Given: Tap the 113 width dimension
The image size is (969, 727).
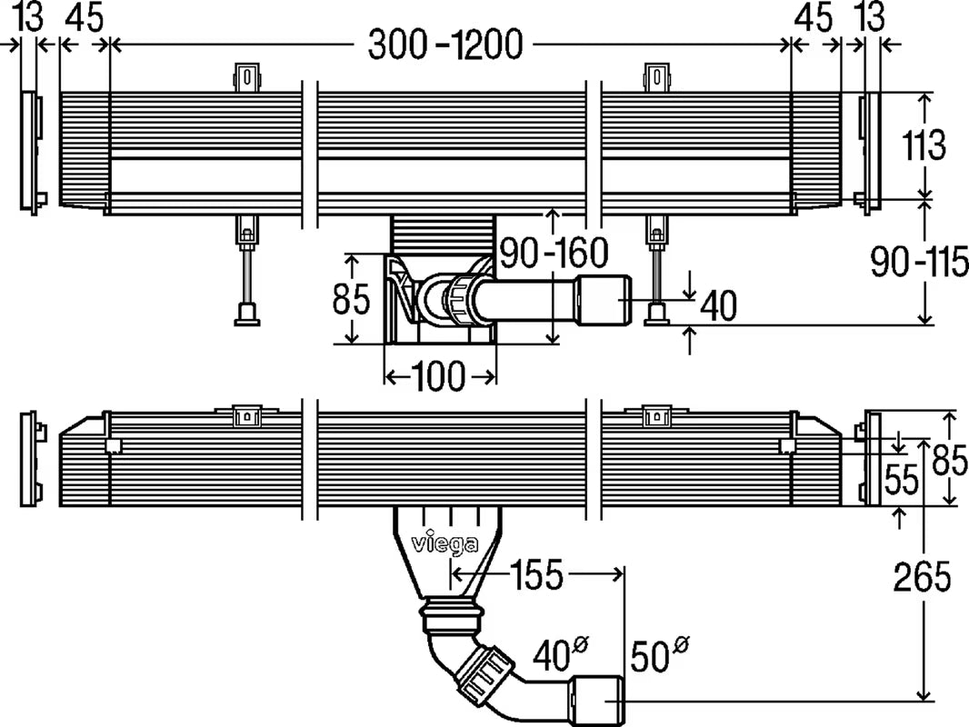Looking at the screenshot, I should pos(924,145).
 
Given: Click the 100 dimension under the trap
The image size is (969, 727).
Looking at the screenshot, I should pos(439,374).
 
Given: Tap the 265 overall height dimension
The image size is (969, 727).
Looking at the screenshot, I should pos(922,576).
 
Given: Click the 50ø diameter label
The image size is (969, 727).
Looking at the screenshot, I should pos(662,654).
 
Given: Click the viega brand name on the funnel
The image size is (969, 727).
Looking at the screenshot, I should pos(446,544).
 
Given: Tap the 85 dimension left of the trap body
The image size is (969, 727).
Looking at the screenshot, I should pos(351,299).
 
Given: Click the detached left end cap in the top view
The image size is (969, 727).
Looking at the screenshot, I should pos(30,153).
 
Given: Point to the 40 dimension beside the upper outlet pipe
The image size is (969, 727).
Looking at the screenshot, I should pos(718,307).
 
